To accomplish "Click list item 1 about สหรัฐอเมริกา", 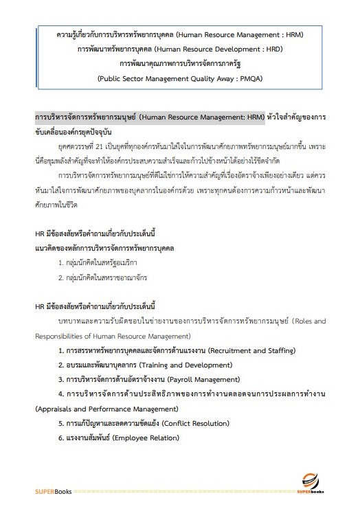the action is click(98, 262).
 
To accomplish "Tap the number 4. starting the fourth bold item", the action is click(62, 394).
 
